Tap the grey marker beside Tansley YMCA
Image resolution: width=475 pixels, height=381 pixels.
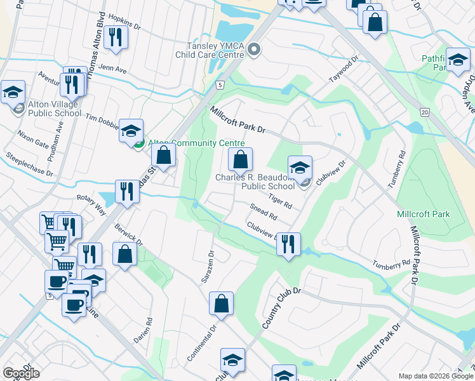point(255,50)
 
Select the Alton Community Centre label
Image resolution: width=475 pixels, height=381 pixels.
point(196,144)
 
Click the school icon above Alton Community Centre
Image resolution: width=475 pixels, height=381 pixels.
point(131,131)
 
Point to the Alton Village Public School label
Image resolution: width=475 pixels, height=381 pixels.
point(55,109)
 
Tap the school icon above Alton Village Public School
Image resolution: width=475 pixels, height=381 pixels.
point(13,92)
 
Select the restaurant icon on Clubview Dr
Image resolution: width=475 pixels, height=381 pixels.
point(289,243)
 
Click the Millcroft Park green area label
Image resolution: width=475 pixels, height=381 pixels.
point(422,214)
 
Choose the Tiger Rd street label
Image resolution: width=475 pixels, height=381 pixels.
point(279,201)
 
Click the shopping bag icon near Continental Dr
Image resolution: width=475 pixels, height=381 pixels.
point(221,304)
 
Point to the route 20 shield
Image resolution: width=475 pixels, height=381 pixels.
point(424,112)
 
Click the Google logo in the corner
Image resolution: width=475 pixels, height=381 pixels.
point(21,373)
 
